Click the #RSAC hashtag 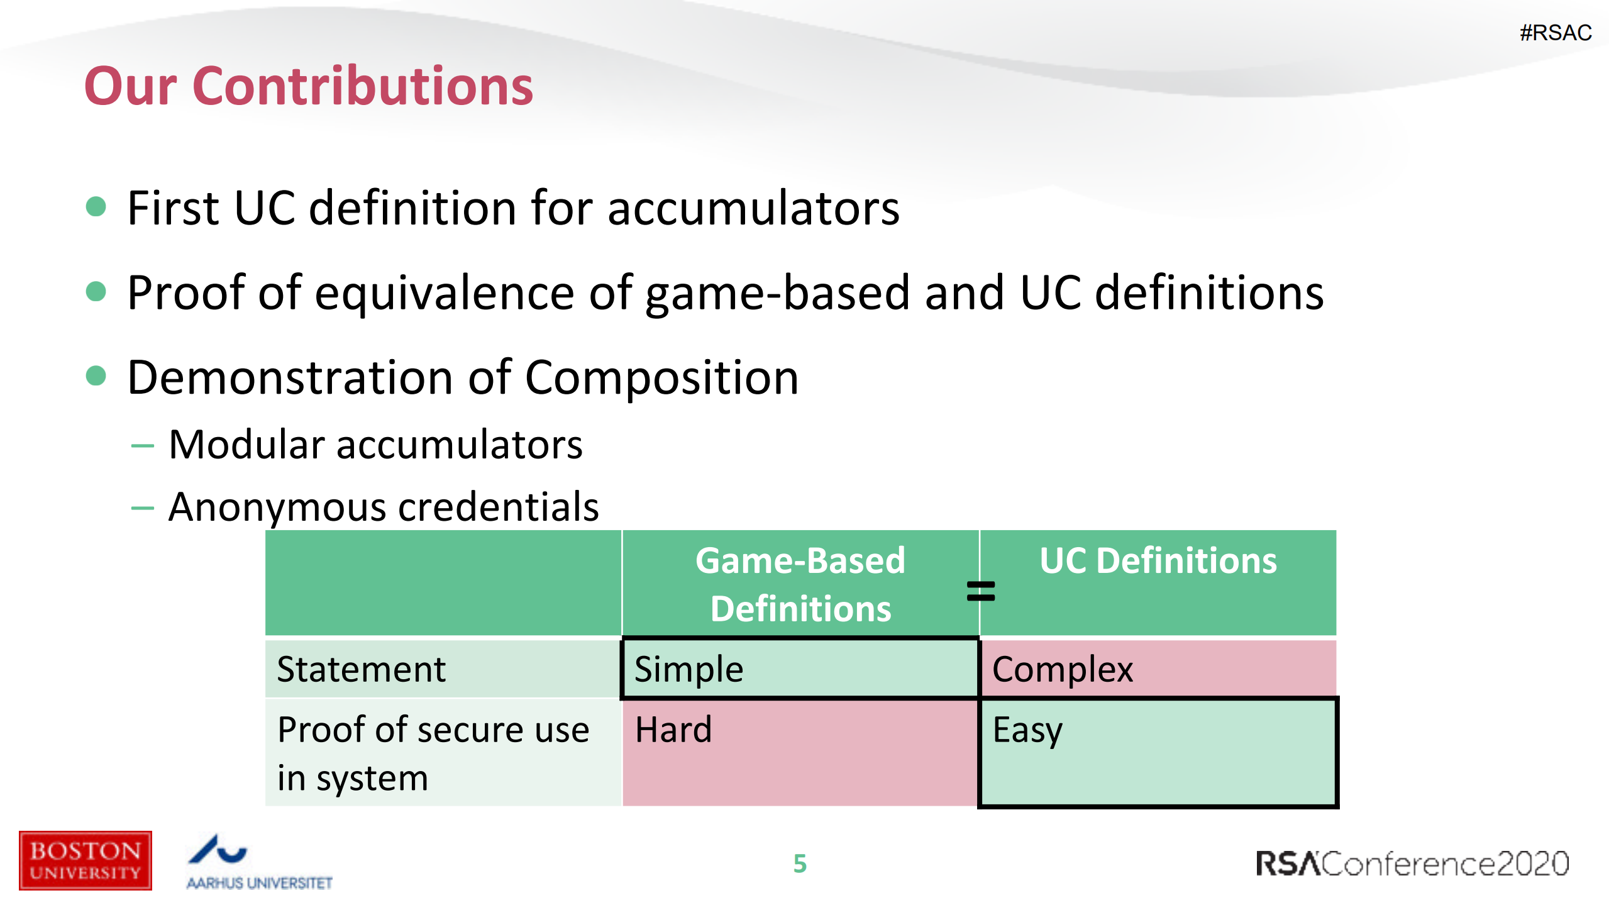[x=1555, y=33]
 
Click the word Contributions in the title [x=363, y=87]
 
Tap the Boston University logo [x=85, y=860]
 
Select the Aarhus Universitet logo [x=258, y=862]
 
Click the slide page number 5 [x=800, y=863]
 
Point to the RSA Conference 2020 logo [x=1412, y=863]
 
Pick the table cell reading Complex [x=1157, y=669]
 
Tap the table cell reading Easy [x=1157, y=752]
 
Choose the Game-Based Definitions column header [x=800, y=584]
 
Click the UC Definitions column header [x=1158, y=561]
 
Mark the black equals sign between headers [x=980, y=591]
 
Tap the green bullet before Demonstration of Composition [x=96, y=376]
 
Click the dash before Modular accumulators [x=143, y=446]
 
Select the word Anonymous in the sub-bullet [x=277, y=507]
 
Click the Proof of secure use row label [x=434, y=752]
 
